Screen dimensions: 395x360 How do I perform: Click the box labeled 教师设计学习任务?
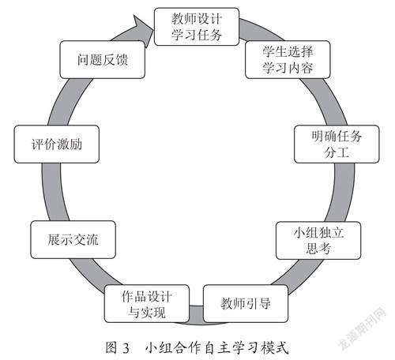pos(197,27)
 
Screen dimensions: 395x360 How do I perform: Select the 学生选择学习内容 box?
pos(288,59)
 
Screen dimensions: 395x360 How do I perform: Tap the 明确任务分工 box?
pos(337,144)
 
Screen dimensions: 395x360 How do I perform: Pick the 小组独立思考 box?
pos(318,240)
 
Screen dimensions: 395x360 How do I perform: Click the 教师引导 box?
pos(246,303)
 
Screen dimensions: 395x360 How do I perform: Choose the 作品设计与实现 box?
pos(147,303)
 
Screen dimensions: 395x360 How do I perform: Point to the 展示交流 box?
pos(73,239)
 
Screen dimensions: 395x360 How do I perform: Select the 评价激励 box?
pos(57,144)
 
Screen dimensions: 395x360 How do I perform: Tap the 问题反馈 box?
pos(103,59)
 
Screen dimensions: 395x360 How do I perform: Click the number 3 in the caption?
pos(126,348)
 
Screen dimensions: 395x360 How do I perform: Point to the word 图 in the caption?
pos(111,347)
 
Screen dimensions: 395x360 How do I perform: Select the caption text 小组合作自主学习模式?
pos(217,347)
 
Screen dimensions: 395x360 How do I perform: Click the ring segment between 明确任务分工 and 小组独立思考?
pos(342,193)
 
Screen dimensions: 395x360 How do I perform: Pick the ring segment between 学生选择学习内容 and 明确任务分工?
pos(325,101)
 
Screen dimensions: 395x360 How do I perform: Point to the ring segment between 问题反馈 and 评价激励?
pos(69,101)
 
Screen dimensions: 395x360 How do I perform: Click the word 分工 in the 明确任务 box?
pos(337,152)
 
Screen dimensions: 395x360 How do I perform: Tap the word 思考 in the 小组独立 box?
pos(318,249)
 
